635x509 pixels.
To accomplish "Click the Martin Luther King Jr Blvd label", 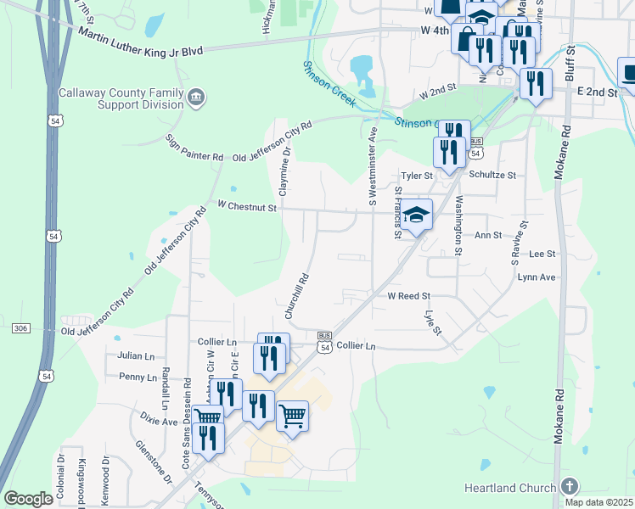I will [140, 41].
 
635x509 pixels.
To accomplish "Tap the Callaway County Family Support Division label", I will [121, 98].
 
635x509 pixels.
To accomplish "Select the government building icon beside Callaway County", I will [196, 98].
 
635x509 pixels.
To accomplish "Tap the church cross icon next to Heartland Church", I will [570, 487].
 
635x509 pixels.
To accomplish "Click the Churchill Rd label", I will [295, 295].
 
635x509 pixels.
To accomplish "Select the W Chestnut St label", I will [247, 206].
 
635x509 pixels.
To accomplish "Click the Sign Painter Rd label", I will [194, 147].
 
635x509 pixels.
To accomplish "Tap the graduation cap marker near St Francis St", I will [417, 215].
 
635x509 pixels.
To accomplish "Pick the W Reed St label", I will [410, 297].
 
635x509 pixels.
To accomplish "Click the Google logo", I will [28, 499].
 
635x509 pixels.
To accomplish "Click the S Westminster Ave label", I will [372, 167].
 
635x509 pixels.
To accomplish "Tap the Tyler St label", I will [417, 176].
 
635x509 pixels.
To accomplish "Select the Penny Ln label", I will [138, 377].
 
